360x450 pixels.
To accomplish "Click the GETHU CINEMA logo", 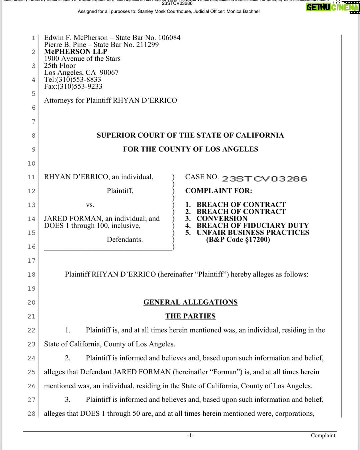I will click(332, 7).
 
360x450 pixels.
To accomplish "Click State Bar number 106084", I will click(169, 38).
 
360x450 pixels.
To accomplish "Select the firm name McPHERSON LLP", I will click(76, 52).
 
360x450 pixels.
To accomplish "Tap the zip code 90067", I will click(109, 73).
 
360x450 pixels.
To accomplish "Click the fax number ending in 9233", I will click(80, 87).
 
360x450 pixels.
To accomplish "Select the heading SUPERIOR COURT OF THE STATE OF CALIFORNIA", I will click(190, 135).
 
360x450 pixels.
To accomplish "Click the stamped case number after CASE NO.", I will click(264, 179).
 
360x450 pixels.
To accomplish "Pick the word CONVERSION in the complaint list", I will click(222, 219).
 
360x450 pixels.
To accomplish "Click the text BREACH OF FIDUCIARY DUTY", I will click(253, 226).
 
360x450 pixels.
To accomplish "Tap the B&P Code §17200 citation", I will click(238, 240).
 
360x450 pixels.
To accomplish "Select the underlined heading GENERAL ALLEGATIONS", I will click(190, 302).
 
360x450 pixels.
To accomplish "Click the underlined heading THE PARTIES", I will click(190, 316).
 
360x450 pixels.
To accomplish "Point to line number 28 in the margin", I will click(31, 414).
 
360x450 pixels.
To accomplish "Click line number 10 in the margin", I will click(31, 163).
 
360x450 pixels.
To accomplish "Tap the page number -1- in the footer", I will click(190, 435).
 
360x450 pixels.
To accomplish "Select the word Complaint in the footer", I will click(323, 435).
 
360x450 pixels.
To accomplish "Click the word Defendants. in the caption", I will click(125, 240).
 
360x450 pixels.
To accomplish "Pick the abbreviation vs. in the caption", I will click(90, 205).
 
